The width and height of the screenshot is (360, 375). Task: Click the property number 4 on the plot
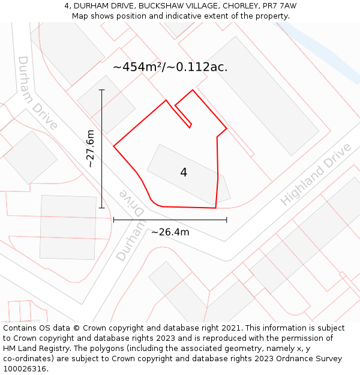pos(184,173)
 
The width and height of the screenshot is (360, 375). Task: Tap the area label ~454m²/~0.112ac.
pos(170,67)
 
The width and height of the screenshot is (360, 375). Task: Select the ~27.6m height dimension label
pos(91,149)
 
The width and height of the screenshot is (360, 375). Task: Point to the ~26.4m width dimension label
pos(170,232)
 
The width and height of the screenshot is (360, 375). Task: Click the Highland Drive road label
pos(316,175)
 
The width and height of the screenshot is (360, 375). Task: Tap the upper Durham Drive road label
pos(37,93)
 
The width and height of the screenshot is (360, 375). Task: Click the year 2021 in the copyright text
pos(229,328)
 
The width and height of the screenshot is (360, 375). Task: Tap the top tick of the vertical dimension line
pos(102,90)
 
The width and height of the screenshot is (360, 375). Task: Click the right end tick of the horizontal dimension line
pos(226,220)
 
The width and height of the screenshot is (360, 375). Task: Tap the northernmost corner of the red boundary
pos(193,91)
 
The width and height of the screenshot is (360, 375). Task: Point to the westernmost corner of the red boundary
pos(114,145)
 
